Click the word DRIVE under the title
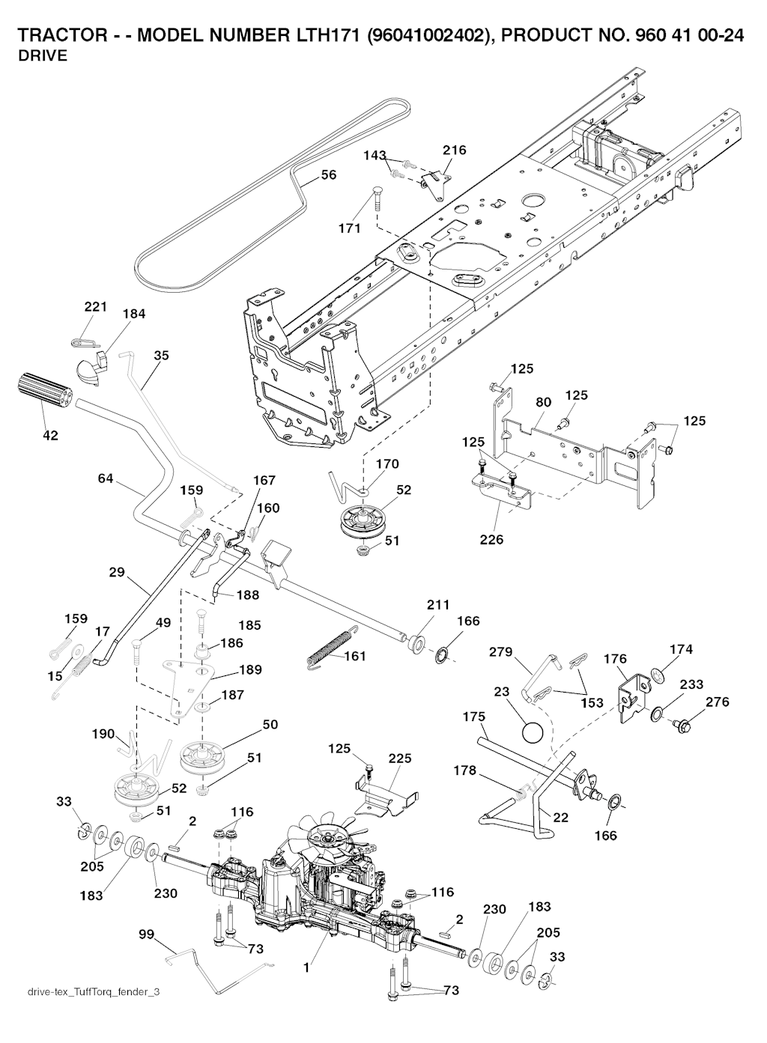pyautogui.click(x=43, y=56)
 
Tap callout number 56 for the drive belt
pyautogui.click(x=328, y=175)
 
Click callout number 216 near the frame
pyautogui.click(x=454, y=150)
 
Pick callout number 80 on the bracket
pyautogui.click(x=544, y=403)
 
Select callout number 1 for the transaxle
pyautogui.click(x=306, y=967)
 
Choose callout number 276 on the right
pyautogui.click(x=717, y=702)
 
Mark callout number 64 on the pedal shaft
pyautogui.click(x=106, y=478)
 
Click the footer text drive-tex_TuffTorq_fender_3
pyautogui.click(x=94, y=992)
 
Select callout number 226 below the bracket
pyautogui.click(x=491, y=538)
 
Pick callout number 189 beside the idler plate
pyautogui.click(x=251, y=669)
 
